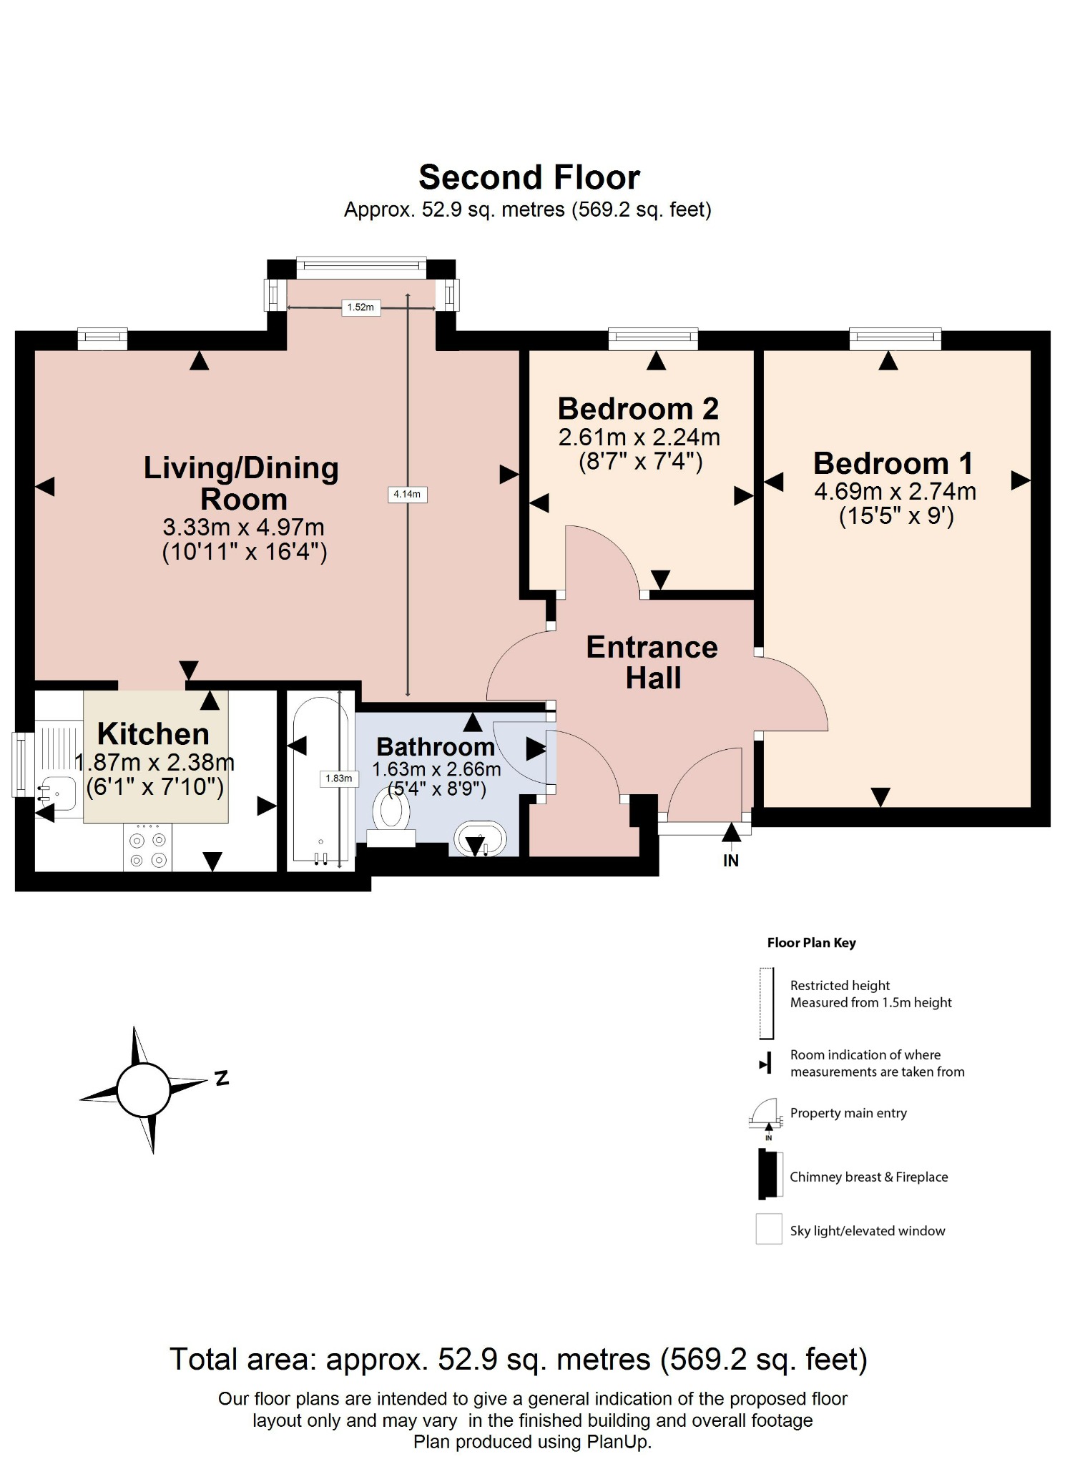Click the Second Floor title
click(529, 177)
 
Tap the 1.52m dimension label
click(360, 307)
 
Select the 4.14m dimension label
click(407, 494)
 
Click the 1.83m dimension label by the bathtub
click(338, 778)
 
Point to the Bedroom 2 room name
click(638, 409)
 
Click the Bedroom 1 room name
click(893, 463)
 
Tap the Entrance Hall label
click(652, 662)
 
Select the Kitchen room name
click(153, 734)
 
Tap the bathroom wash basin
click(479, 839)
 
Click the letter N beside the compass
click(222, 1078)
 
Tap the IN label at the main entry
click(730, 861)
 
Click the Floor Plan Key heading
click(811, 943)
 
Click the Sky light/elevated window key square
click(769, 1230)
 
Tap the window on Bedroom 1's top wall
click(895, 339)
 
